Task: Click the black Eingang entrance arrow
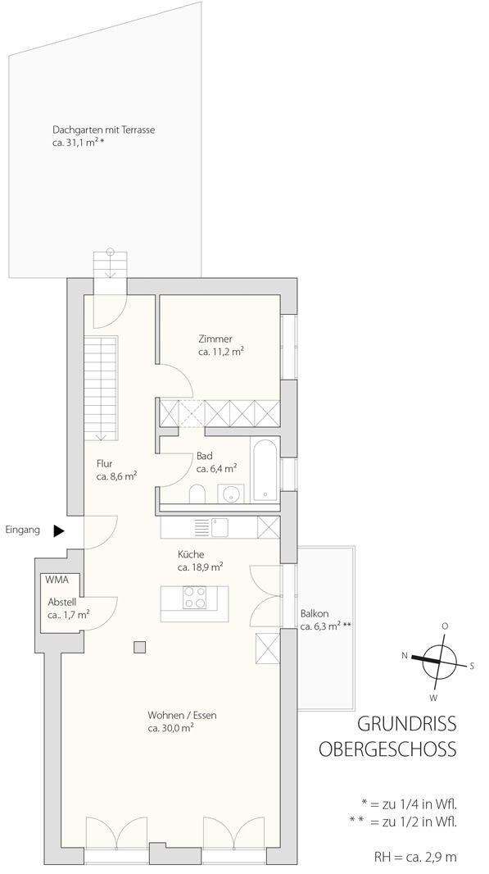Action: (x=59, y=531)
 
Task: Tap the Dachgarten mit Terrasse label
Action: (x=103, y=130)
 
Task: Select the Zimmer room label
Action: (x=215, y=339)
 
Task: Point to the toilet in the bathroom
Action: (x=197, y=494)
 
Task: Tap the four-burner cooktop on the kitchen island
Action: (x=194, y=597)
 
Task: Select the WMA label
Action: (x=57, y=580)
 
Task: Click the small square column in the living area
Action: (x=139, y=647)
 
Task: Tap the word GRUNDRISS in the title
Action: (x=406, y=724)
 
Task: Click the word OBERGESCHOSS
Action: (x=387, y=749)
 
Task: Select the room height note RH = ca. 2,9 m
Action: (x=415, y=858)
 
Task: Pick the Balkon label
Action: (x=311, y=614)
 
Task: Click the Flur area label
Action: (x=105, y=464)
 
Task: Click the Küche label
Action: (x=191, y=554)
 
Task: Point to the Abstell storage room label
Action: (x=61, y=603)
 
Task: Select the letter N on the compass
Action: (x=405, y=656)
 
